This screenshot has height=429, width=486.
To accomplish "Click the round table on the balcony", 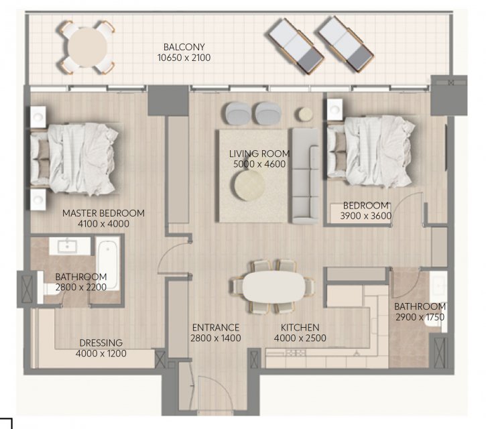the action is pos(87,47).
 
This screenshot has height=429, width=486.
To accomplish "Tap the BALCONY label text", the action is pos(184,47).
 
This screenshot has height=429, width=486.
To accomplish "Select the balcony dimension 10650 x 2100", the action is pos(184,58).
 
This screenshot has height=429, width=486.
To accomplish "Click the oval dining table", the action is pos(274,287).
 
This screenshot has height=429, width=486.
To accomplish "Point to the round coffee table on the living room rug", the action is pos(249,186).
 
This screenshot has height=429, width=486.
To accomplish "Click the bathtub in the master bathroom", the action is pos(107,264).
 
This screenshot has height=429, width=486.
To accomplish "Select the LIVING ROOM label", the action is pos(259,154).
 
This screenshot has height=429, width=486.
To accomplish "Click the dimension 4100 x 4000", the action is pos(103,224).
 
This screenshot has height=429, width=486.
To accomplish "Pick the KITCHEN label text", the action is pos(300,328).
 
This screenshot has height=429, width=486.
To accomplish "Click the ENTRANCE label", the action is pos(216,328).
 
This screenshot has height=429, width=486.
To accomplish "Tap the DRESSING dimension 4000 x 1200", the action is pos(101,353).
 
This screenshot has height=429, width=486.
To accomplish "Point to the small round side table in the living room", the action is pos(306,115).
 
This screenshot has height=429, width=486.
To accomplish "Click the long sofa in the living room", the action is pos(305,176).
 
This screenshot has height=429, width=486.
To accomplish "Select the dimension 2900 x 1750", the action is pos(420,317).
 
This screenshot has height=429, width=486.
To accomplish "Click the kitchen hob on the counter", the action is pos(296,353).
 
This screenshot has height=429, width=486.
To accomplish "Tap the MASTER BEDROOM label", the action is pos(103,213).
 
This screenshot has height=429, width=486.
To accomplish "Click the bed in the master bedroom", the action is pos(74,159).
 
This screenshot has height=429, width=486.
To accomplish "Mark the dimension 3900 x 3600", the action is pos(366,216).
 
